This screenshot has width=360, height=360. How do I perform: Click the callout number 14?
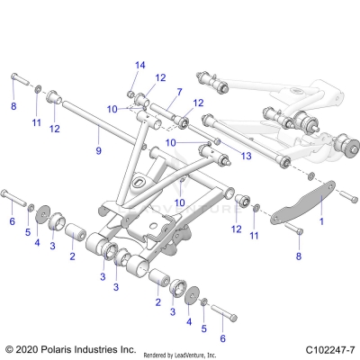[x=139, y=65]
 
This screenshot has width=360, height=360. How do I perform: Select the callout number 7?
[x=179, y=92]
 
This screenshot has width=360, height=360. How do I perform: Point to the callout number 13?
[x=246, y=155]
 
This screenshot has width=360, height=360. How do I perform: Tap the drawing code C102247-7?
[x=328, y=348]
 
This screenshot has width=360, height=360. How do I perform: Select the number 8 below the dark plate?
[x=299, y=256]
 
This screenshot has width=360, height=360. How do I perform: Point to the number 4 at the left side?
[x=37, y=241]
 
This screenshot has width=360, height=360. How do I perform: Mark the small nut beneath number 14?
[x=131, y=94]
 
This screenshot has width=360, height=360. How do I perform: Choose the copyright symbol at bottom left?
[x=9, y=348]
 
